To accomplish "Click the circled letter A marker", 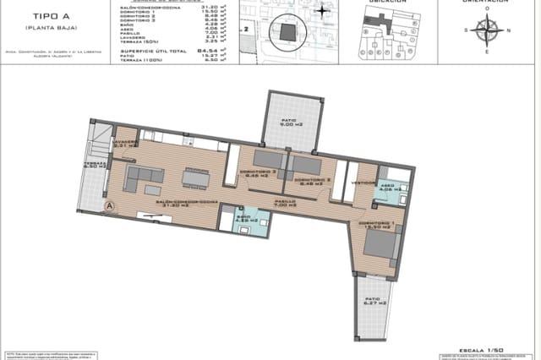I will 109,205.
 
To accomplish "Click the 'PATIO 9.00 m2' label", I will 289,124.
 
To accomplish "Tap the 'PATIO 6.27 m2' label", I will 371,303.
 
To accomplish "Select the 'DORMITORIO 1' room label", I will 376,224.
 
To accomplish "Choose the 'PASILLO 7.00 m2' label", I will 284,204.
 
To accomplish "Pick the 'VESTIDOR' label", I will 363,182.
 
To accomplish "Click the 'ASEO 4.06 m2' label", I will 387,187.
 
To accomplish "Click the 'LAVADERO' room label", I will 125,144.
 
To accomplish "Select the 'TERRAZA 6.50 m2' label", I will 94,166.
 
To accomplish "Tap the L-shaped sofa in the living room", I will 143,178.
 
